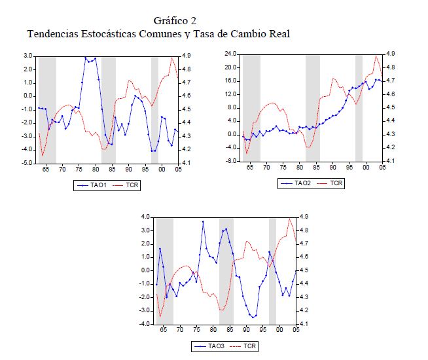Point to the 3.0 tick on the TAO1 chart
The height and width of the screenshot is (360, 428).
coord(27,56)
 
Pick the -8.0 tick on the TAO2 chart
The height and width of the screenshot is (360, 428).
coord(230,161)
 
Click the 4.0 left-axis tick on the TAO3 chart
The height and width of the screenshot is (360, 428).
coord(145,217)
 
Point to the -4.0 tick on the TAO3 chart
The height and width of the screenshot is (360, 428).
coord(144,324)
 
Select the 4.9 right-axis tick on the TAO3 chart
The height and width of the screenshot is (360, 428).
coord(304,217)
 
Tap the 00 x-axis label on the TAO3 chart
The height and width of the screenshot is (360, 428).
coord(279,331)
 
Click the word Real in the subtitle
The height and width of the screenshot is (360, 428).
coord(276,33)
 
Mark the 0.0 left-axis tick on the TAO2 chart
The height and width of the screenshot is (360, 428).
coord(232,134)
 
